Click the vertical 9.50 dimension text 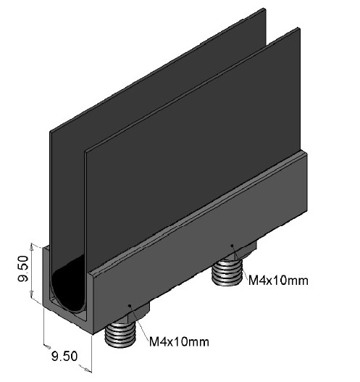click(24, 268)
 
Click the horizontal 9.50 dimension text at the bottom click(64, 356)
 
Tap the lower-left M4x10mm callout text click(179, 341)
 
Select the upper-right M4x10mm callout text click(278, 281)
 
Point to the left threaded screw click(120, 335)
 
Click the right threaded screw click(227, 273)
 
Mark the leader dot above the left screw click(130, 305)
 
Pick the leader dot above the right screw click(233, 245)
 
